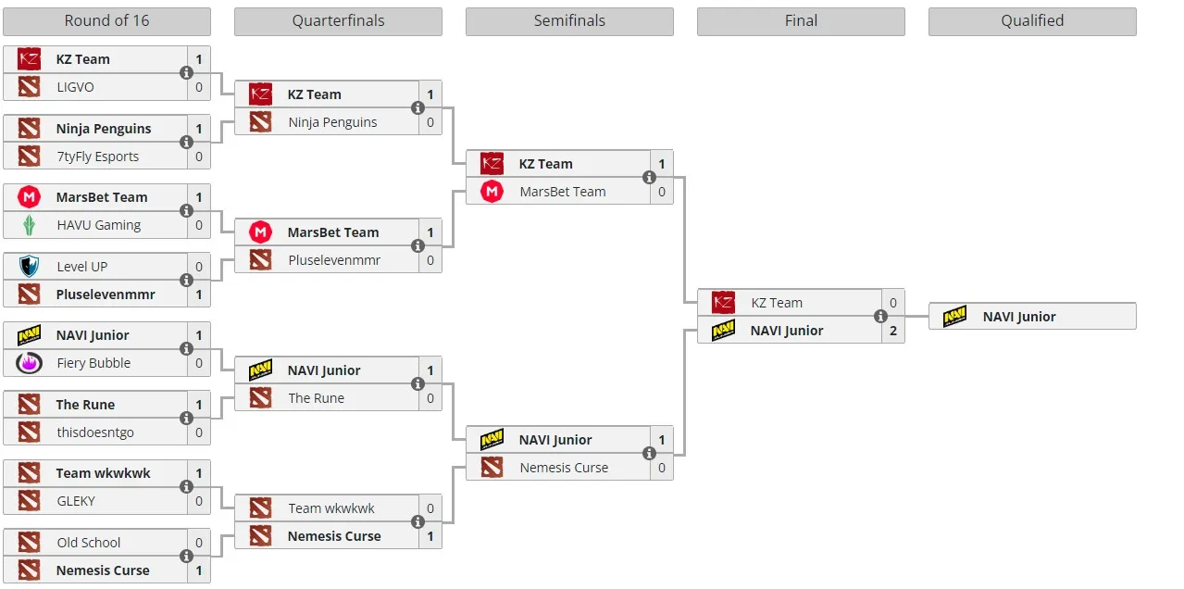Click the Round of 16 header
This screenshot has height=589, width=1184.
[106, 21]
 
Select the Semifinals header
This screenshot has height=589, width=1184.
[569, 21]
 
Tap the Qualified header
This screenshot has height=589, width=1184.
[1032, 21]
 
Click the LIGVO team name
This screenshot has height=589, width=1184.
[76, 87]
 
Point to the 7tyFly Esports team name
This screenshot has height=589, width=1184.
[98, 157]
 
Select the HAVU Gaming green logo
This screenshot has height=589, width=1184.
[29, 225]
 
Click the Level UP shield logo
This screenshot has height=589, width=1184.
[29, 266]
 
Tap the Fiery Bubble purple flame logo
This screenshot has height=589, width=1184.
[29, 363]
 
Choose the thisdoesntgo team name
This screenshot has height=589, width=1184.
[95, 432]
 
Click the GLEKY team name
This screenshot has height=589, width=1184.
[76, 501]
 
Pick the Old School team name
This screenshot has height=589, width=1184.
[89, 543]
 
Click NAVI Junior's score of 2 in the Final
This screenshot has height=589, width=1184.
[893, 331]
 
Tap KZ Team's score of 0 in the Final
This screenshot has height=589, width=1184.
[893, 303]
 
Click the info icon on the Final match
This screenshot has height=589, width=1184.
[880, 316]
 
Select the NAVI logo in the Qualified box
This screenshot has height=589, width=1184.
[954, 316]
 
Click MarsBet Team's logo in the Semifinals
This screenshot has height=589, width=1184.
[492, 192]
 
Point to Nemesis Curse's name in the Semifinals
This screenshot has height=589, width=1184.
[564, 468]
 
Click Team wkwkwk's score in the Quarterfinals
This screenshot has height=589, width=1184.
[430, 508]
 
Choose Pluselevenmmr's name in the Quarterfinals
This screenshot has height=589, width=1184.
[334, 260]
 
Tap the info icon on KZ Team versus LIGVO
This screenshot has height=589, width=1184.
[186, 73]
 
